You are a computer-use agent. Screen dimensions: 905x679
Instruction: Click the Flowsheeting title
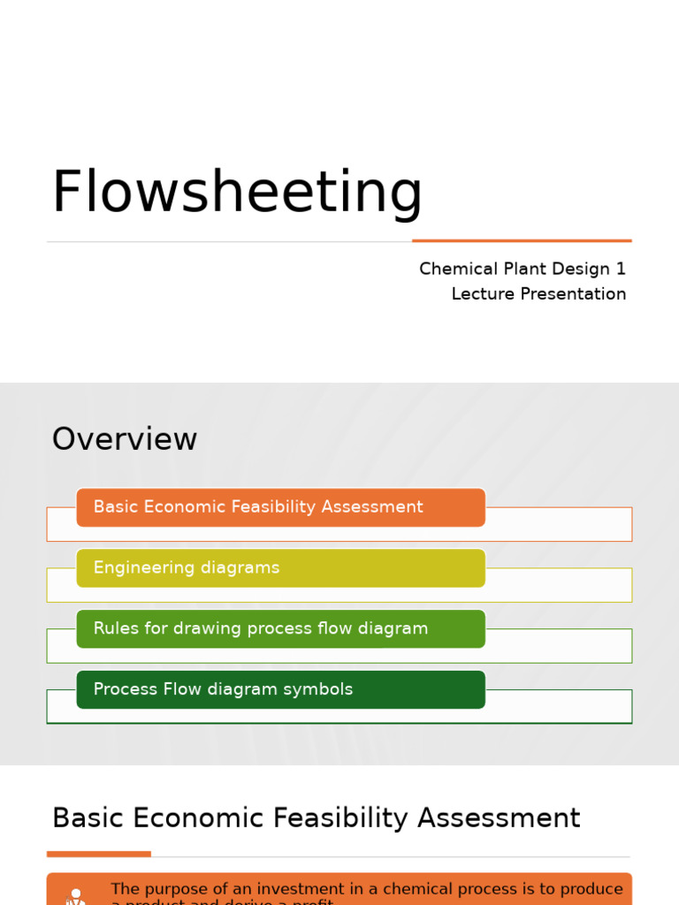pyautogui.click(x=237, y=192)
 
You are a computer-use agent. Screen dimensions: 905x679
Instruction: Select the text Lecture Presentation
pyautogui.click(x=538, y=294)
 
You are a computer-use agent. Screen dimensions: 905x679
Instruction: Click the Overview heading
pyautogui.click(x=125, y=439)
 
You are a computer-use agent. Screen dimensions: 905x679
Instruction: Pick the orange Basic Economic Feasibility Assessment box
pyautogui.click(x=280, y=507)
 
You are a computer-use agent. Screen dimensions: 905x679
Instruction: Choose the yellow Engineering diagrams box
pyautogui.click(x=280, y=568)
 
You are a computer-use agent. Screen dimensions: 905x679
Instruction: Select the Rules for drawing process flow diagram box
pyautogui.click(x=280, y=628)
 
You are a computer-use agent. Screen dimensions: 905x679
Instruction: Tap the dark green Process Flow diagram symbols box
pyautogui.click(x=280, y=689)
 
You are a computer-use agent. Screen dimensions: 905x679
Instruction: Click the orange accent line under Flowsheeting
pyautogui.click(x=522, y=240)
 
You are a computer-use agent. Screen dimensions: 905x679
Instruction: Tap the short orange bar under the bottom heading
pyautogui.click(x=98, y=854)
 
